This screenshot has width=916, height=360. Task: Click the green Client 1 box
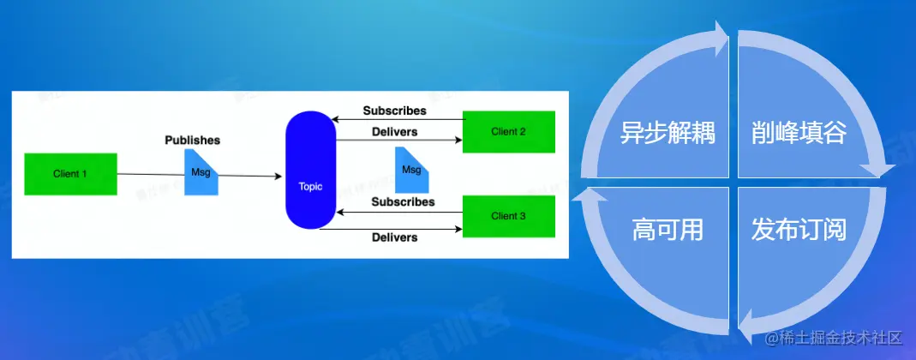pos(70,174)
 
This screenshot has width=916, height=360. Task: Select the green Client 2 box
pos(508,132)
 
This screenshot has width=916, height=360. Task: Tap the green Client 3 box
pos(508,216)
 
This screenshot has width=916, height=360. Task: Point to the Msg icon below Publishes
pos(201,172)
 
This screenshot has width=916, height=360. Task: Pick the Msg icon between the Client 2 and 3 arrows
pos(412,169)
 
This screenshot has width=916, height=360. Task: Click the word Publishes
pos(192,139)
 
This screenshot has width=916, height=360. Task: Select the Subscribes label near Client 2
pos(394,111)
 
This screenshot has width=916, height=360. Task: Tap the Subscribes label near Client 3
pos(403,201)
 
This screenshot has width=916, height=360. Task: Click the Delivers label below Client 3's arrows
pos(394,237)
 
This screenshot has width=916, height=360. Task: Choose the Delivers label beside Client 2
pos(395,131)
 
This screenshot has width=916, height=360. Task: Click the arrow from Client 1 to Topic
pos(248,176)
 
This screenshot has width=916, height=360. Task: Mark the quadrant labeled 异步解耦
pos(669,134)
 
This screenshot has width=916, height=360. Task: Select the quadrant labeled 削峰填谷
pos(799,134)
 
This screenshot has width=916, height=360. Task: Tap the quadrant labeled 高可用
pos(668,229)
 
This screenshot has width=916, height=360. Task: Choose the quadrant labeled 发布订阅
pos(799,229)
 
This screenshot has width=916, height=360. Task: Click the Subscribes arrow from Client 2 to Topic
pos(398,120)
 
